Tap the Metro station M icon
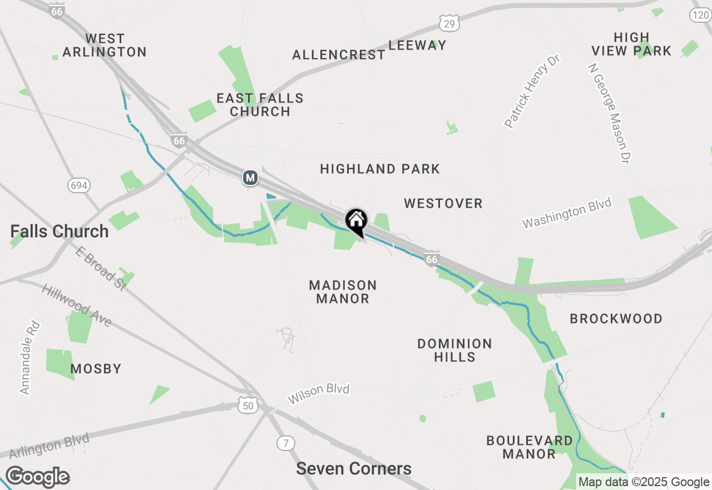point(250,178)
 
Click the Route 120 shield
point(700,15)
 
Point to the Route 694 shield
point(79,185)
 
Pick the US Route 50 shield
point(248,406)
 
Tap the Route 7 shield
point(286,443)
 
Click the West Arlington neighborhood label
point(105,45)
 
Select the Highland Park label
point(380,169)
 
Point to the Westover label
point(443,203)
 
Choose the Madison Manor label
point(343,292)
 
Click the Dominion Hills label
point(454,350)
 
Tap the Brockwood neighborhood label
point(616,318)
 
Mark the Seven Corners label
point(354,469)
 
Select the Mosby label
point(96,369)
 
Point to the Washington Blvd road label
point(566,213)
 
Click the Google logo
point(37,477)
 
